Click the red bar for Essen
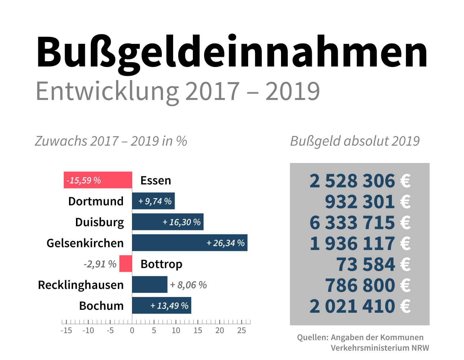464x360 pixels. coord(98,180)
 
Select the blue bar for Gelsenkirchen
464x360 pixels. coord(190,243)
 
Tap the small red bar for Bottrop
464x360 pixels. coord(126,264)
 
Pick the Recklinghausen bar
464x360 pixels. coord(150,285)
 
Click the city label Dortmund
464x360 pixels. coord(96,201)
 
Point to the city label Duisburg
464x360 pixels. coord(99,222)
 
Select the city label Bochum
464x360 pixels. coord(101,306)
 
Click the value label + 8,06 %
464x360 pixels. coord(188,285)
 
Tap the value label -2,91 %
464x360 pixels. coord(100,264)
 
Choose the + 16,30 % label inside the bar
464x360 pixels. coord(182,222)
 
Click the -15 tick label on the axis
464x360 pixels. coord(66,330)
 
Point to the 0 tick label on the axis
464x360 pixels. coord(132,330)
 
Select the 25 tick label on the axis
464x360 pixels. coord(242,330)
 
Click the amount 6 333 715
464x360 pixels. coord(352,222)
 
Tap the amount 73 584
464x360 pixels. coord(365,264)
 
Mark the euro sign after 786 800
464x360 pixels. coord(405,285)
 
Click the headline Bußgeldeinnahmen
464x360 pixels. coord(231,52)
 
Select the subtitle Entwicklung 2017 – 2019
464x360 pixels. coord(177,91)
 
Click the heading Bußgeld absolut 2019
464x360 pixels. coord(355,141)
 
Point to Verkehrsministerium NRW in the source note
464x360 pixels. coord(380,348)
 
